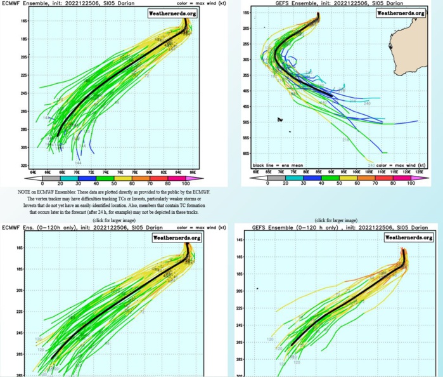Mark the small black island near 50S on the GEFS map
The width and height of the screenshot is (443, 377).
[x=279, y=119]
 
